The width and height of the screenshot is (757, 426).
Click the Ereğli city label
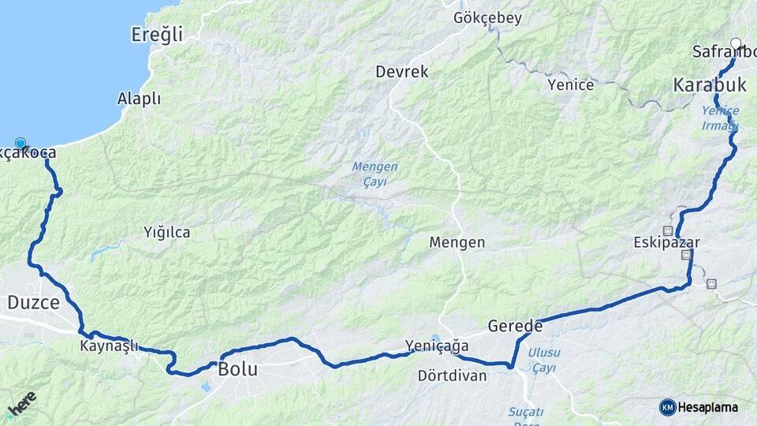point(156,34)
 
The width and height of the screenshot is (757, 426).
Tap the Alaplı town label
point(139,99)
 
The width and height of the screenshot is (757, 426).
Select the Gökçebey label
point(487,18)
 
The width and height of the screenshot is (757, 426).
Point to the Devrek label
point(402,72)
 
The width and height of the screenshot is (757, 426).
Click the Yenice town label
point(570,84)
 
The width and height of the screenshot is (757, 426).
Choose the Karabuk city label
point(709,84)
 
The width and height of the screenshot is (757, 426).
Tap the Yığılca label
point(166,233)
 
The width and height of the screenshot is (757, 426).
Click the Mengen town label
point(457,242)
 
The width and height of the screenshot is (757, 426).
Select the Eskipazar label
point(666,242)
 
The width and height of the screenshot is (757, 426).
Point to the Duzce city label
point(33,301)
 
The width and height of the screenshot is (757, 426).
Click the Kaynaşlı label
point(109,346)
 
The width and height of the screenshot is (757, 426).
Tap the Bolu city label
point(237,368)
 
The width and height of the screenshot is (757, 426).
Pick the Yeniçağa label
point(436,346)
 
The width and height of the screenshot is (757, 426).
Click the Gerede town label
point(515,325)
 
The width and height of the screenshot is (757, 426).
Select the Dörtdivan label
point(453,376)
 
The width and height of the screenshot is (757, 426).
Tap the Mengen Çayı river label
point(375,174)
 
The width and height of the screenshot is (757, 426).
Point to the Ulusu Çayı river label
point(544,360)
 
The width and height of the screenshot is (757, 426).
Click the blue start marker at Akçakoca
point(21,144)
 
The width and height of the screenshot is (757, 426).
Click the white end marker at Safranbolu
point(736,44)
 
